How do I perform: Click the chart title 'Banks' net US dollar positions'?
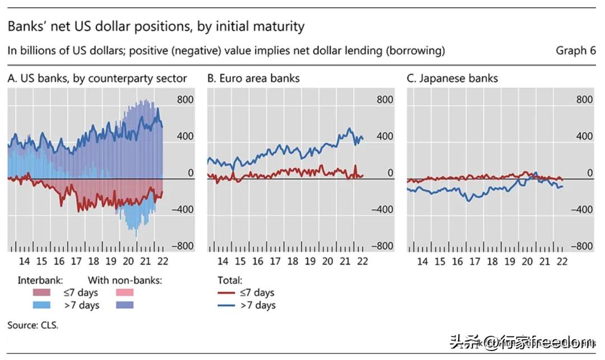click(x=156, y=26)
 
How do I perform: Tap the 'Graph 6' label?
click(x=575, y=51)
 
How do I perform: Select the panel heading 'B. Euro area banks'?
click(x=253, y=78)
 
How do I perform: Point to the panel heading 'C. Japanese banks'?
click(x=452, y=78)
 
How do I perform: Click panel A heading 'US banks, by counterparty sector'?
click(x=97, y=78)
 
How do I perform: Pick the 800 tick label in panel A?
click(x=185, y=100)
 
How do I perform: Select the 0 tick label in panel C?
click(x=589, y=174)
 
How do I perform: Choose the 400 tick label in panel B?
click(x=385, y=137)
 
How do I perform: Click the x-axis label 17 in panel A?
click(x=76, y=261)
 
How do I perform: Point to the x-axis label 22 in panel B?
click(x=362, y=261)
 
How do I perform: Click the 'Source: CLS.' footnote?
click(x=32, y=325)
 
